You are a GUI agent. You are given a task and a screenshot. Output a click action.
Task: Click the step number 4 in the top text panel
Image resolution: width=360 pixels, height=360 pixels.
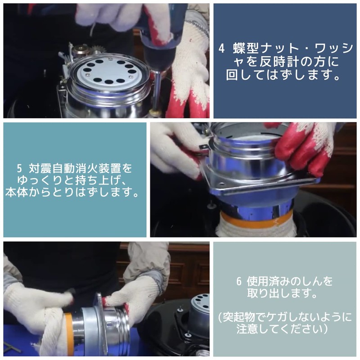[221, 48]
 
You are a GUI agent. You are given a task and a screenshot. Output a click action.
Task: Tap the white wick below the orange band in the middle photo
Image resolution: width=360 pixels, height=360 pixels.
[256, 230]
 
